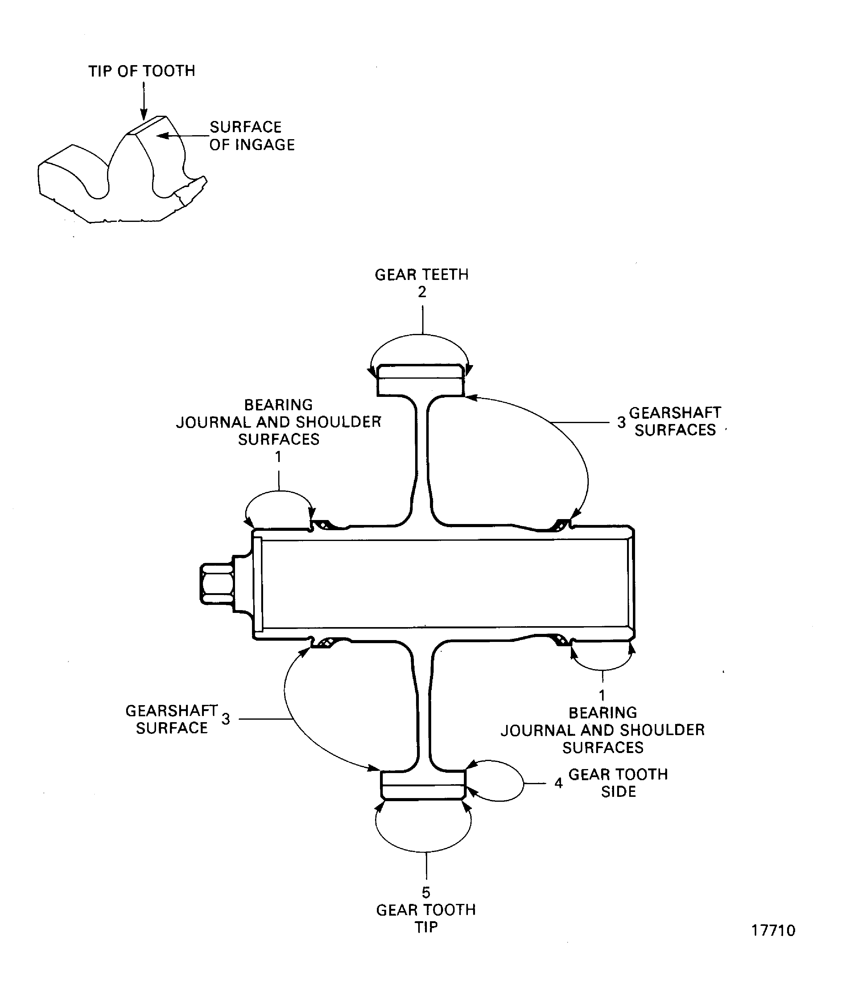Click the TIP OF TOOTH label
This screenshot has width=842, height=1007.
tap(142, 71)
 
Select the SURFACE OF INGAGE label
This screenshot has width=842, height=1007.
tap(252, 136)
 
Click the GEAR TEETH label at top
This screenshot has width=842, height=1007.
tap(422, 275)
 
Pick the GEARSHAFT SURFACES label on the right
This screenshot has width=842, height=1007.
tap(675, 422)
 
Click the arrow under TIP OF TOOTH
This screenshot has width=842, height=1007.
tap(143, 101)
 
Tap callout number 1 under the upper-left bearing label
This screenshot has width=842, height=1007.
tap(278, 457)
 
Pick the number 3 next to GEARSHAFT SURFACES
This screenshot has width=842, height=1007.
tap(621, 422)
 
